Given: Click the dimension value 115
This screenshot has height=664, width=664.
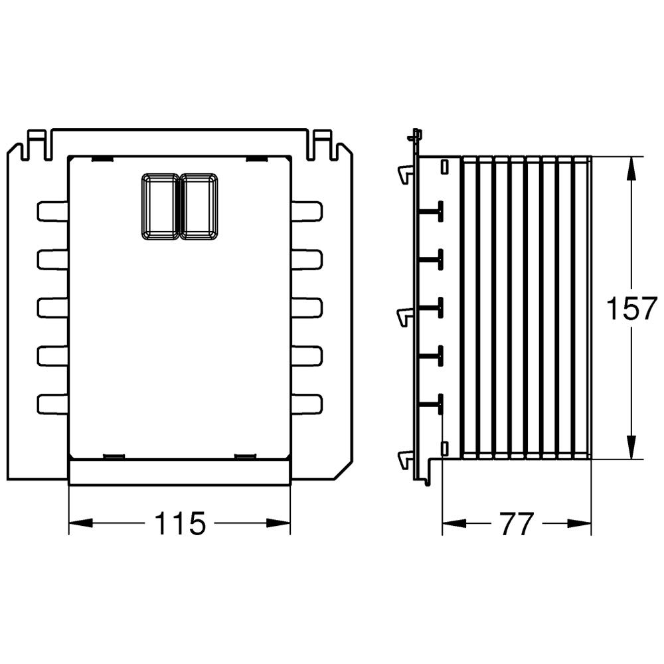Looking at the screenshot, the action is click(x=180, y=523).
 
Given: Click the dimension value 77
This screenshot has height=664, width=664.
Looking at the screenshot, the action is click(x=516, y=524).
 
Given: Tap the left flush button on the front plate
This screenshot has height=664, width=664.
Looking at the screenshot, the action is click(x=159, y=207).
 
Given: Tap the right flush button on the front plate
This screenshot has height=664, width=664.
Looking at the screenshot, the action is click(x=199, y=207).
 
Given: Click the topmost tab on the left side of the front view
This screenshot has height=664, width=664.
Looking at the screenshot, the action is click(x=52, y=211).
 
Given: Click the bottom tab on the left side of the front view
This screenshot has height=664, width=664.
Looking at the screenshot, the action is click(x=52, y=404).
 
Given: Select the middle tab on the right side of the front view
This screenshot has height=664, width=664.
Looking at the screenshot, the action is click(x=307, y=308).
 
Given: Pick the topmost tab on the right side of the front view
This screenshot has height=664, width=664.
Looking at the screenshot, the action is click(x=307, y=211).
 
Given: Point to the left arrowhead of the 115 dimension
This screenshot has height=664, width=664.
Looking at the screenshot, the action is click(x=80, y=523).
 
